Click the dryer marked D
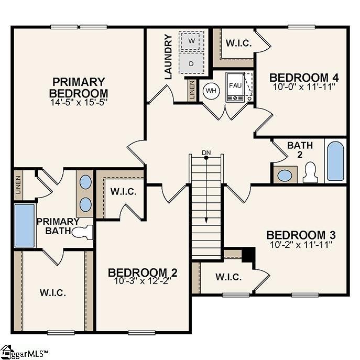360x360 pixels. pos(191,63)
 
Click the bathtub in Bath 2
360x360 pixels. pos(335,160)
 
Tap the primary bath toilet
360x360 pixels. pos(84,232)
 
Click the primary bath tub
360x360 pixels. pos(24,226)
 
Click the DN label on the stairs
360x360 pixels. pos(206,153)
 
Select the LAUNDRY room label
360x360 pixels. pos(168,57)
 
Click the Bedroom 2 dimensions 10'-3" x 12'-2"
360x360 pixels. pos(143,280)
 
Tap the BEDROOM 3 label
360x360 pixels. pos(300,235)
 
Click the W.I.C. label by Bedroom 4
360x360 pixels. pos(238,43)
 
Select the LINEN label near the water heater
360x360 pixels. pos(192,90)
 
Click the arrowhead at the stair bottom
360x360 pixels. pos(207,221)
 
